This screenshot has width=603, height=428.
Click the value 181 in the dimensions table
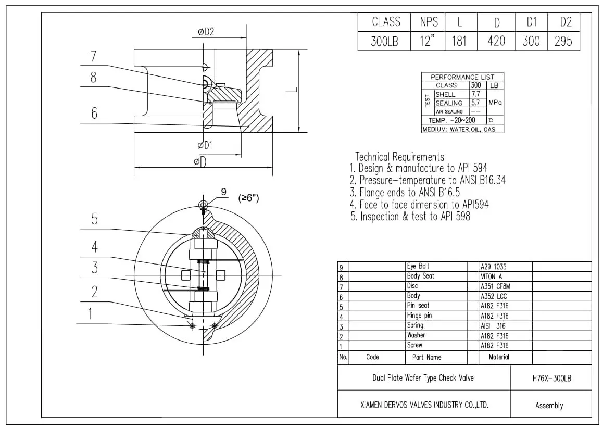pyautogui.click(x=459, y=41)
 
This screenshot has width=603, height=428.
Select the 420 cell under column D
pyautogui.click(x=496, y=41)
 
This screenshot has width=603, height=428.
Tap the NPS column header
pyautogui.click(x=429, y=22)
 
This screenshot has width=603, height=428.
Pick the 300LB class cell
pyautogui.click(x=384, y=41)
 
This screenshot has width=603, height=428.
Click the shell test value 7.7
pyautogui.click(x=475, y=94)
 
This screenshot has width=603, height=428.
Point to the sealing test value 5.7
pyautogui.click(x=475, y=103)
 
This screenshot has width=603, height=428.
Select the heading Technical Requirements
pyautogui.click(x=399, y=157)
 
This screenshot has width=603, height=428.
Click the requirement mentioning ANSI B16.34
pyautogui.click(x=427, y=180)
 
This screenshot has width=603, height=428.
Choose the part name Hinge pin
pyautogui.click(x=419, y=316)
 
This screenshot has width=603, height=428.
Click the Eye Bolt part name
pyautogui.click(x=418, y=266)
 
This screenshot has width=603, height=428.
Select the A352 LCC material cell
pyautogui.click(x=493, y=296)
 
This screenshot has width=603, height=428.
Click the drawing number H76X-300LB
pyautogui.click(x=551, y=379)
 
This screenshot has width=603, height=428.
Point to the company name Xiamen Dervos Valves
pyautogui.click(x=424, y=405)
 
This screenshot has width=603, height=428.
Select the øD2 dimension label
pyautogui.click(x=206, y=32)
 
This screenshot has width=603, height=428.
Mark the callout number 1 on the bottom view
pyautogui.click(x=90, y=313)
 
